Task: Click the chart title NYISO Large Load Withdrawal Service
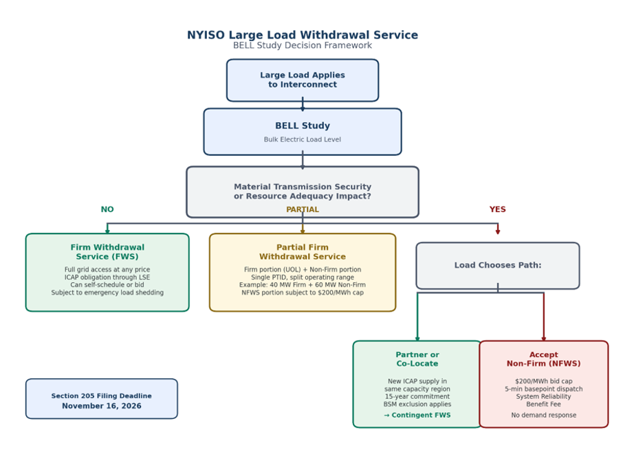303,35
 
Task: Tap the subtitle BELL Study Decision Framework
303,45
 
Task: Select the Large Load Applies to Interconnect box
303,80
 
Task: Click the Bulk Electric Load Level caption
303,139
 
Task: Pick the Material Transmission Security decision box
303,192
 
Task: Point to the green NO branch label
107,209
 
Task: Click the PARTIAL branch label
303,209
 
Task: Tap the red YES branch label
497,209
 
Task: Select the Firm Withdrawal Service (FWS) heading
107,252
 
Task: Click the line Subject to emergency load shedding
107,293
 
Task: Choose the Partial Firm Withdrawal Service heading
303,252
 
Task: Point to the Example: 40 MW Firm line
303,285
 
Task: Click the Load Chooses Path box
498,266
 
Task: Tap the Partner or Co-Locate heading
417,359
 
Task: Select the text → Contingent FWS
417,415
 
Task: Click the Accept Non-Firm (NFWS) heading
543,359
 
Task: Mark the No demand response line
543,415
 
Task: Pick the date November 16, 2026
102,406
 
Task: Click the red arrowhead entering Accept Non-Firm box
544,339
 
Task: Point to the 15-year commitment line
417,396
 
